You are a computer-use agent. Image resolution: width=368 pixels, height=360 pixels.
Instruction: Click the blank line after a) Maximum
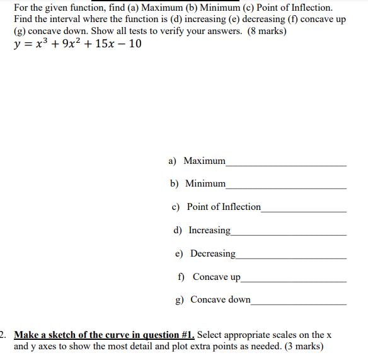286,165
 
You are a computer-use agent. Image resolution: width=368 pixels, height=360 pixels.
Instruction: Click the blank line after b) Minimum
286,188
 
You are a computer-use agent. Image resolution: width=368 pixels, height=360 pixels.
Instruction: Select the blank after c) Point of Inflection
304,211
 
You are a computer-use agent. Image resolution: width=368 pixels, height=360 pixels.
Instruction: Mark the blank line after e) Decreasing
291,257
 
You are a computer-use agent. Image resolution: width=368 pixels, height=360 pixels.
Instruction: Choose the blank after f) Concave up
294,281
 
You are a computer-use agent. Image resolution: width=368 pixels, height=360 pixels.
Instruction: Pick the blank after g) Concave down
299,304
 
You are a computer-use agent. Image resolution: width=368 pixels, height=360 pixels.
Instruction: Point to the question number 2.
3,335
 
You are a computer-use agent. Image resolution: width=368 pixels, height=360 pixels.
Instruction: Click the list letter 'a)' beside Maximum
173,161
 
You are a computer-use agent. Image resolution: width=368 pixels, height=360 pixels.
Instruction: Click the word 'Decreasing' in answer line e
213,253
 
